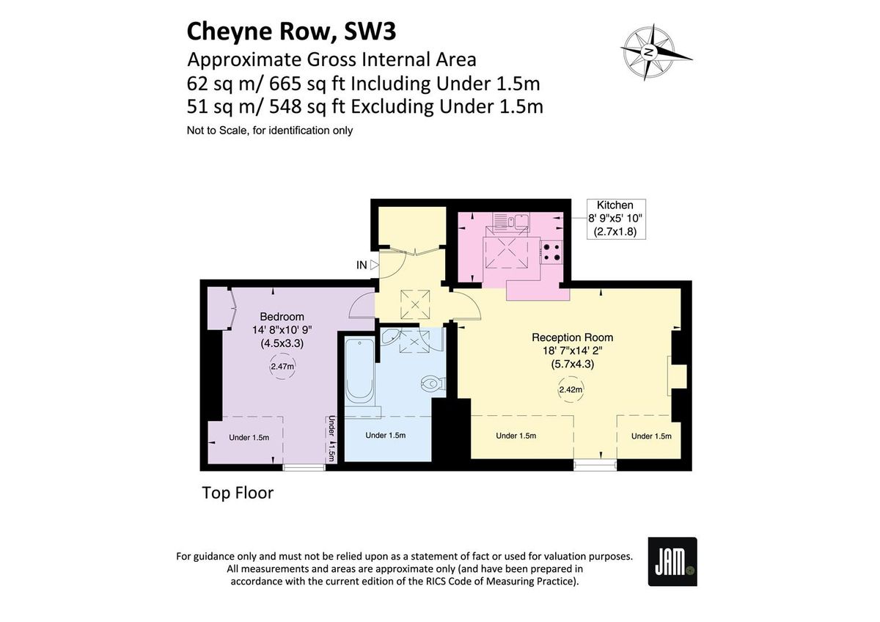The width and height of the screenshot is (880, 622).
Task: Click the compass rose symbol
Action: [650, 51]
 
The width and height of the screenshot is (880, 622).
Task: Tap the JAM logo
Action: [672, 562]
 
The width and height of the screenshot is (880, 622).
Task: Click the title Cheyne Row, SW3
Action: [293, 32]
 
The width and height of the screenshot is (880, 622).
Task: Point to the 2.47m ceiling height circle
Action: [282, 366]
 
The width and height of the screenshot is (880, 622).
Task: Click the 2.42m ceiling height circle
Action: [570, 389]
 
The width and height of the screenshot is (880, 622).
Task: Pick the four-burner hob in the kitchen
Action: [551, 253]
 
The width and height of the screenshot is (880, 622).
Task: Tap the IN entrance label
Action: [362, 265]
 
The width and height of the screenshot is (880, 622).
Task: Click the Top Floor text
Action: [238, 493]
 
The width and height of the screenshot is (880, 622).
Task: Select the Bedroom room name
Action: [282, 317]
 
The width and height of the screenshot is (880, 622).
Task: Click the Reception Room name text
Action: [572, 337]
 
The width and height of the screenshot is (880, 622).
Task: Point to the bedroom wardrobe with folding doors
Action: [220, 308]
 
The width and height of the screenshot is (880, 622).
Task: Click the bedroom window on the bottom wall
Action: [304, 466]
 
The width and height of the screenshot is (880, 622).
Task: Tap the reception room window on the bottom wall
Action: [595, 463]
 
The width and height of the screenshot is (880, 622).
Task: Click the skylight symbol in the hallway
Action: [416, 302]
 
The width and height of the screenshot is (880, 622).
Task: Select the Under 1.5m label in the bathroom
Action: [385, 435]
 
